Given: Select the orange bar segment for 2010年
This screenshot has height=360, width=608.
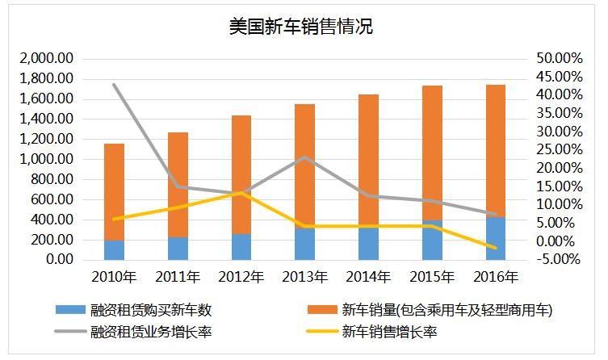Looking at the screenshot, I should [x=114, y=191].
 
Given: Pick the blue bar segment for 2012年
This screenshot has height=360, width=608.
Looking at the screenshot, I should [x=241, y=247].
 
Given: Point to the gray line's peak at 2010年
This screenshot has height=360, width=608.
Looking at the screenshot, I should [x=114, y=85].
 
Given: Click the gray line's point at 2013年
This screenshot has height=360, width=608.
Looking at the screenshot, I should [x=304, y=157].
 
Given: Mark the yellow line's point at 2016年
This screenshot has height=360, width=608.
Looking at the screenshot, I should [x=496, y=248].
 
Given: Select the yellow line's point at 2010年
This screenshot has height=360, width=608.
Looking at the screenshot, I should [x=114, y=219].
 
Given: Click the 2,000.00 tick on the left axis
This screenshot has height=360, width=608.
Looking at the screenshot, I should [x=48, y=59].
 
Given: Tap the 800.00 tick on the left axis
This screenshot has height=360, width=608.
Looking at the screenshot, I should [x=53, y=180].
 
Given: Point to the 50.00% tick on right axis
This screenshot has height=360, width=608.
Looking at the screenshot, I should [x=558, y=59].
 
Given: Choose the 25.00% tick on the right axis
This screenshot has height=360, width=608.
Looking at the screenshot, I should [x=558, y=150].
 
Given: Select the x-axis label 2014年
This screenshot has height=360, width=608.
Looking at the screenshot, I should [x=368, y=278].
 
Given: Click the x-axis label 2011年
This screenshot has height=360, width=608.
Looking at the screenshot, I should [x=178, y=278].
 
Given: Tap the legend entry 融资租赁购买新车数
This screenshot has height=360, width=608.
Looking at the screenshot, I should [x=153, y=309].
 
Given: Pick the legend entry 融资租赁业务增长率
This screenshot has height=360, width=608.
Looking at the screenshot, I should [x=153, y=331].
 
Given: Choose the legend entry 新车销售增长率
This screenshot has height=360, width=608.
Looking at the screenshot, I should [x=390, y=331].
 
